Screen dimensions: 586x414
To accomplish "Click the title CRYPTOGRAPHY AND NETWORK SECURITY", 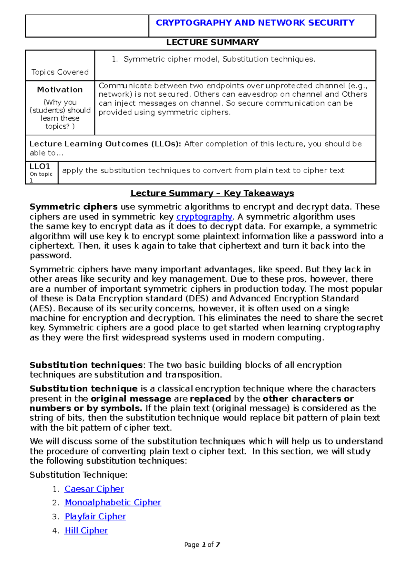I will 255,23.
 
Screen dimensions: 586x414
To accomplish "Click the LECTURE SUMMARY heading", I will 213,42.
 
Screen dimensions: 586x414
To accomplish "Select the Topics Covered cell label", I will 60,72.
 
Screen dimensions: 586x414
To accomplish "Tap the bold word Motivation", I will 60,90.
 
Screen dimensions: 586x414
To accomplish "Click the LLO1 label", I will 40,166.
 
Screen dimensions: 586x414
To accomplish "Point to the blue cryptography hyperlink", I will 204,217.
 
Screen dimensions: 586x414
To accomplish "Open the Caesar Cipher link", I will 94,489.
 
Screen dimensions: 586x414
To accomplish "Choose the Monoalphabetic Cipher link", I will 113,502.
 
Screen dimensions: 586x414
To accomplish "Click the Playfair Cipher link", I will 95,517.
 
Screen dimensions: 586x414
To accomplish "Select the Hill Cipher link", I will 86,530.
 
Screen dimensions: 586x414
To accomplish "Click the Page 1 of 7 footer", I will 202,545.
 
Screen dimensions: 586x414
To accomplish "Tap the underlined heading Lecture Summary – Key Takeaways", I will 212,193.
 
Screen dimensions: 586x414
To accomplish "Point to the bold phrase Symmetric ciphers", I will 73,207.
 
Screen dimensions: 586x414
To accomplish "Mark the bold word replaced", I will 210,399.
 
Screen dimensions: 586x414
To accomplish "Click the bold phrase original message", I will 131,399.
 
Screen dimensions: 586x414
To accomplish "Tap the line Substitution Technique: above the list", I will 78,475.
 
